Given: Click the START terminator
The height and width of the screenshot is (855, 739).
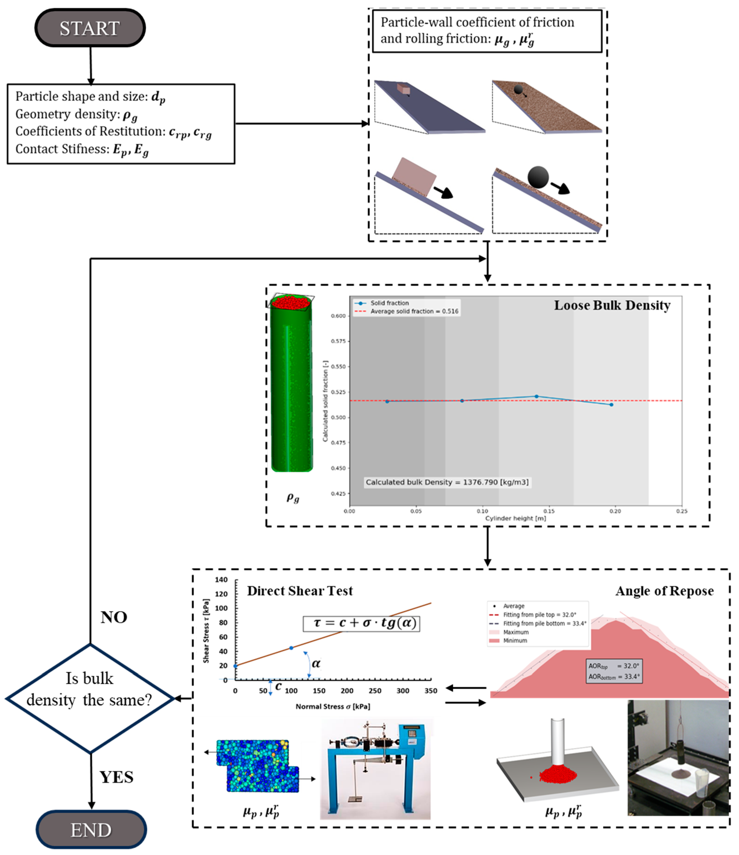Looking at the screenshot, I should click(90, 28).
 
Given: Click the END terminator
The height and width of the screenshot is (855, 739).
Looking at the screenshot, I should click(91, 829).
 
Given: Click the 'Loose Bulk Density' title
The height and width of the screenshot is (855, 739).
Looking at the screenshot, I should click(612, 305).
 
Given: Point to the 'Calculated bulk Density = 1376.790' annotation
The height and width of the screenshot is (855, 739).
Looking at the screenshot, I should click(447, 482).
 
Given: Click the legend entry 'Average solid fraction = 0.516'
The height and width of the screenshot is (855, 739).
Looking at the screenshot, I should click(414, 311).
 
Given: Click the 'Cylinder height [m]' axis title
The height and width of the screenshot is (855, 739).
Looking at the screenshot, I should click(515, 518).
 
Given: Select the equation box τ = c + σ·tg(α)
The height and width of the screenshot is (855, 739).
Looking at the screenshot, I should click(361, 623).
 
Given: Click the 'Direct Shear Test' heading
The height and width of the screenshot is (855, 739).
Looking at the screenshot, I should click(300, 591).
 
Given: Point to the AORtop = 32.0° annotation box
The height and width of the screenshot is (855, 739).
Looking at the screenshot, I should click(614, 670).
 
